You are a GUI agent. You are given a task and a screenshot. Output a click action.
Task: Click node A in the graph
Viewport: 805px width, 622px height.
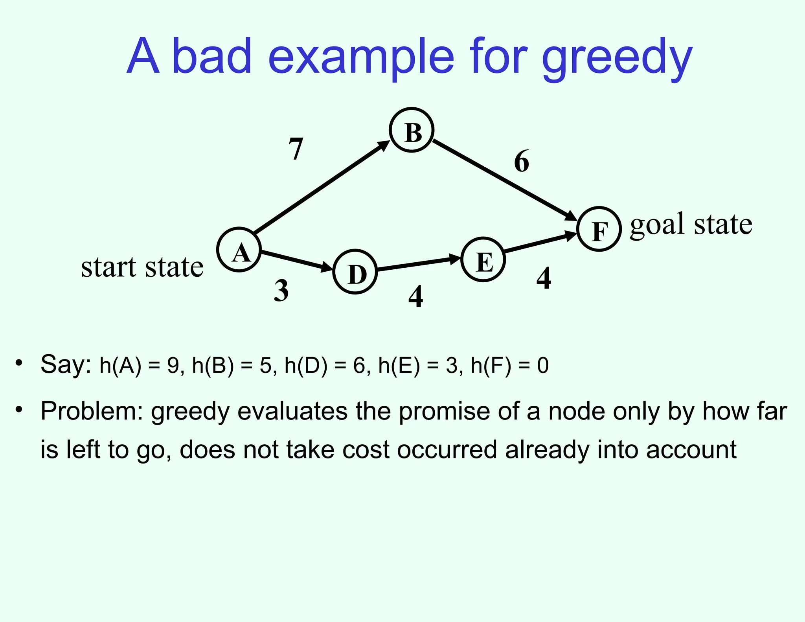coord(239,250)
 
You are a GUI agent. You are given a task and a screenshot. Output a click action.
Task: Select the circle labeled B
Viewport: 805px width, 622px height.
coord(412,130)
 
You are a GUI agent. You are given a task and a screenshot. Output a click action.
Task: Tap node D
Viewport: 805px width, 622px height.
coord(355,272)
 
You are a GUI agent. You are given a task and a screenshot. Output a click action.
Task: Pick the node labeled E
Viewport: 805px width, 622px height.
coord(483,259)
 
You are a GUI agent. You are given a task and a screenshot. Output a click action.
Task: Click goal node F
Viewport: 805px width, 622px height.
coord(599,229)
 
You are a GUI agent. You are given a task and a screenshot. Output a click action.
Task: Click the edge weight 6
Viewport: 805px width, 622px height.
coord(522,161)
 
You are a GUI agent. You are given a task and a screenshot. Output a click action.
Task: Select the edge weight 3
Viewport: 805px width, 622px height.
coord(281,291)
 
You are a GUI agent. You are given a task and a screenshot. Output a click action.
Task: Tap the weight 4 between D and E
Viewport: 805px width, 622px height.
coord(416,296)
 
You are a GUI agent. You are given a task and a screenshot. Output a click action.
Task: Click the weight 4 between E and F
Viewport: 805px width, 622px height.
coord(544,278)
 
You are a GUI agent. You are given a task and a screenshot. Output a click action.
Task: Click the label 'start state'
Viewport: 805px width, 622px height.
coord(142,267)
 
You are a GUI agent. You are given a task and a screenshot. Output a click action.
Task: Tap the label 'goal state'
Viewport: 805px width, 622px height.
coord(691,224)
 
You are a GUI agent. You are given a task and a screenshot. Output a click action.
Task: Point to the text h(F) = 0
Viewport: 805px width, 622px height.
coord(510,365)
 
